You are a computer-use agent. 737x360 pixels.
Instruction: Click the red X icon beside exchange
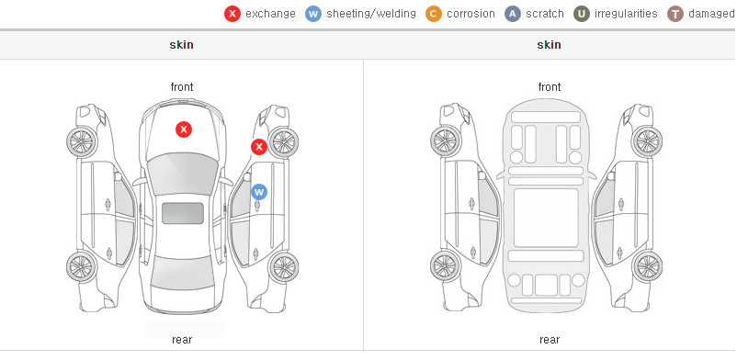[232, 14]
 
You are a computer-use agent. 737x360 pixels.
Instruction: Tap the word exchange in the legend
[270, 14]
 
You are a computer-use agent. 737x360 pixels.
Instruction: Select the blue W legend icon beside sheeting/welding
[313, 14]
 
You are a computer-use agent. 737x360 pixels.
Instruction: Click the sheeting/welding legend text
[371, 14]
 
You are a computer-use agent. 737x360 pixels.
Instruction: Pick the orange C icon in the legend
[434, 14]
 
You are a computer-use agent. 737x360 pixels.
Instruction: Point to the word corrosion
[471, 14]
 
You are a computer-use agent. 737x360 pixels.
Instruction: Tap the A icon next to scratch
[513, 14]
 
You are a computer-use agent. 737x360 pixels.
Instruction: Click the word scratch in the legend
[545, 14]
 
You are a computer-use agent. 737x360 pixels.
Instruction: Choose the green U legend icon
[582, 14]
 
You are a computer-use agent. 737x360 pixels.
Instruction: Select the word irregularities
[626, 14]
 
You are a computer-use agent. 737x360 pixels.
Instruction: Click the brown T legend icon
[675, 14]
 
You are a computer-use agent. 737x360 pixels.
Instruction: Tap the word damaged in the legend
[711, 14]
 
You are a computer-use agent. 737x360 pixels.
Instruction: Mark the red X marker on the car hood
[184, 129]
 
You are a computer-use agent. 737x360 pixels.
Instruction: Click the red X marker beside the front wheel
[258, 147]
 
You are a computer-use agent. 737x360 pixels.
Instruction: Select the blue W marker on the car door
[259, 192]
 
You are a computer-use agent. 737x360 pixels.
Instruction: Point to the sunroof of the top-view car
[183, 213]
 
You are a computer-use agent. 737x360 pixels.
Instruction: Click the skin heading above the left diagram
[181, 45]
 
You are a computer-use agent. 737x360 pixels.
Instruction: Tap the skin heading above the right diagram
[549, 45]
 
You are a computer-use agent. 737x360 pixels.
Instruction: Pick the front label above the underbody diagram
[550, 87]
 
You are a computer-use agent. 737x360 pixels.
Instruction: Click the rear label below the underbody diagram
[550, 340]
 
